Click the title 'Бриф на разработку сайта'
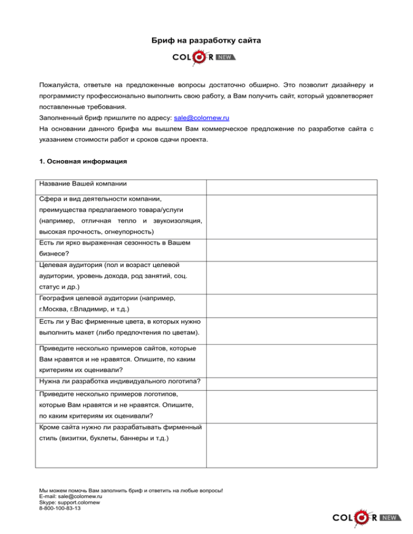(x=206, y=41)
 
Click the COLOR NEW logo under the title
(x=204, y=57)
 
